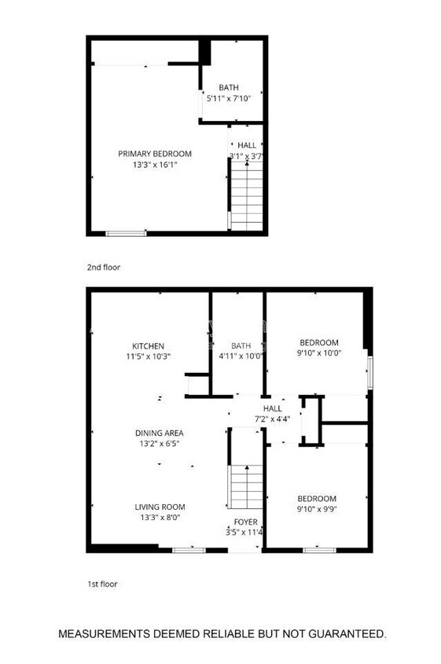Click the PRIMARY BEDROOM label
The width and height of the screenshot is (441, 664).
point(155,154)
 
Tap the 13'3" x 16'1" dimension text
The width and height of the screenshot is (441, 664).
point(155,165)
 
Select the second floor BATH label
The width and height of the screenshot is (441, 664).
point(229,87)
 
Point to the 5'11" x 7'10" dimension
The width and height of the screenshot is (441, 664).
point(229,99)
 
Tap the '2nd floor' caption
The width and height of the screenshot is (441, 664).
point(104,267)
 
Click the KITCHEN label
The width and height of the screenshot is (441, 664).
point(148,345)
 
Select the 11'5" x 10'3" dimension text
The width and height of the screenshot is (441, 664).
point(149,356)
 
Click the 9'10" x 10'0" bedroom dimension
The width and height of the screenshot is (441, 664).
point(319,353)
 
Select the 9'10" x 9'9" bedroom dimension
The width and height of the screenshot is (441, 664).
point(317,510)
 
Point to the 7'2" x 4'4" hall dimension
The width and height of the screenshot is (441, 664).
point(272,419)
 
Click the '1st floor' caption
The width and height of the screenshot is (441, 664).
point(103,585)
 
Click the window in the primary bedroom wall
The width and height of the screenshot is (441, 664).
point(126,233)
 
